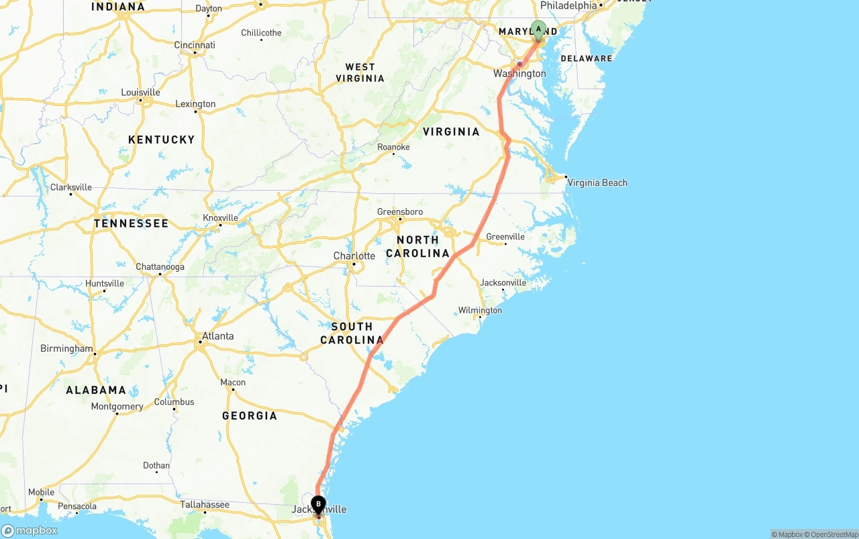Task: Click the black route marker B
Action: pyautogui.click(x=318, y=505)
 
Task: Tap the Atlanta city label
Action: pyautogui.click(x=218, y=336)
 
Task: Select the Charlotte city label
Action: pyautogui.click(x=354, y=256)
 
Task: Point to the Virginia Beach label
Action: pyautogui.click(x=597, y=183)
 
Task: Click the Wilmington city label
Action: pyautogui.click(x=480, y=310)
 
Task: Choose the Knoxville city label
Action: pyautogui.click(x=220, y=217)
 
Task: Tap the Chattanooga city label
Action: pyautogui.click(x=160, y=266)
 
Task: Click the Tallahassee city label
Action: pyautogui.click(x=205, y=504)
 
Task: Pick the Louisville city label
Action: pyautogui.click(x=140, y=92)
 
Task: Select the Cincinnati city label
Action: pyautogui.click(x=195, y=45)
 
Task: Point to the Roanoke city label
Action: pyautogui.click(x=393, y=147)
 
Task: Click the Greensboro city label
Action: pyautogui.click(x=400, y=211)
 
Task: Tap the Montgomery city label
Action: pyautogui.click(x=117, y=406)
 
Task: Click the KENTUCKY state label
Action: pyautogui.click(x=161, y=140)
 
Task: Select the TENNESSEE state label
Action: pyautogui.click(x=131, y=223)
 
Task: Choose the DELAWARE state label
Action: pyautogui.click(x=587, y=58)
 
